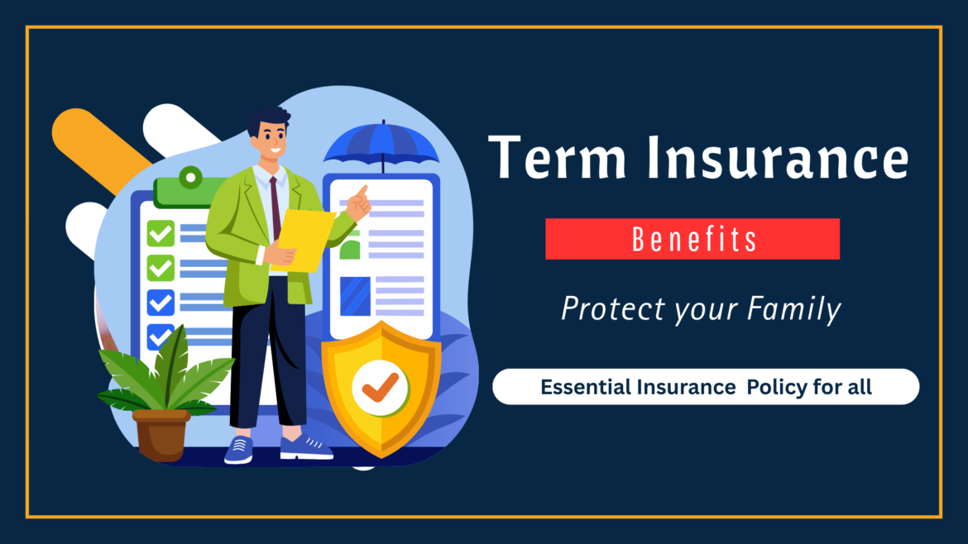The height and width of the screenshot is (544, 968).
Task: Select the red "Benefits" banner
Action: click(692, 239)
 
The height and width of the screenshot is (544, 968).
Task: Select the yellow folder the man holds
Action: click(303, 239)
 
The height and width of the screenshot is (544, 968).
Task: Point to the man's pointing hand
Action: click(359, 202)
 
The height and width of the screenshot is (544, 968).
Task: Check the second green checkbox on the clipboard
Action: click(161, 267)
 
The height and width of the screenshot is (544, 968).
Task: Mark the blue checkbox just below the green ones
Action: click(161, 302)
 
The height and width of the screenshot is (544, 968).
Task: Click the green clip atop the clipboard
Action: click(191, 179)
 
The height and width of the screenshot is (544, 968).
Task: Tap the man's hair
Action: click(267, 122)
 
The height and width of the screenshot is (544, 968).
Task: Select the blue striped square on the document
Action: click(354, 295)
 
